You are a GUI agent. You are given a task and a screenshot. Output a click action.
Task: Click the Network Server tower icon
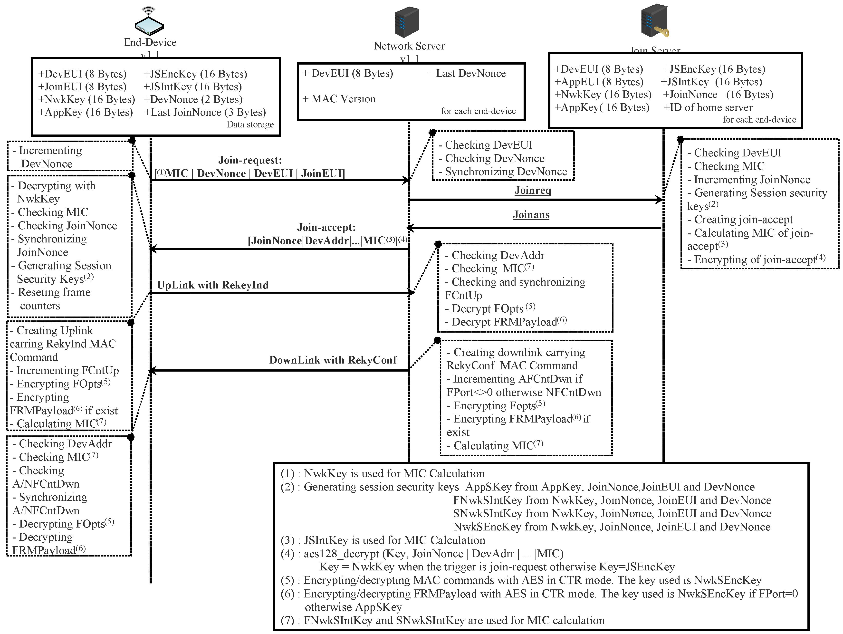[407, 22]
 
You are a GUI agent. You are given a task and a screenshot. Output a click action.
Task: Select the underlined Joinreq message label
[533, 190]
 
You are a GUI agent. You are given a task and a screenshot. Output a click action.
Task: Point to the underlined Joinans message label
[531, 215]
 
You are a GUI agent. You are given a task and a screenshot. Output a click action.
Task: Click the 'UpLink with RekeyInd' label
[213, 285]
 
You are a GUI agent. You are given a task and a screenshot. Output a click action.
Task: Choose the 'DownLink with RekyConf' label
[333, 360]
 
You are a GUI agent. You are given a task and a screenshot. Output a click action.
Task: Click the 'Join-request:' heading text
[250, 160]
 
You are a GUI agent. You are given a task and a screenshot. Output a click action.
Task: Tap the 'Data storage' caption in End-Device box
[250, 125]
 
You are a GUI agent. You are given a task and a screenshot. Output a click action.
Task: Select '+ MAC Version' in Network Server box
[339, 99]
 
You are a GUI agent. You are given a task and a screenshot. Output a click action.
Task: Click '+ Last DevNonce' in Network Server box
[466, 73]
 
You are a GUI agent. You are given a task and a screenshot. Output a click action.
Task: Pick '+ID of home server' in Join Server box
[708, 107]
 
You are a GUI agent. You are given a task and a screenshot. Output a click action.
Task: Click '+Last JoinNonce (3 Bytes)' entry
[205, 112]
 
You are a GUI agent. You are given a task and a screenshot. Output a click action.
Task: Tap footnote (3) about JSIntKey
[383, 540]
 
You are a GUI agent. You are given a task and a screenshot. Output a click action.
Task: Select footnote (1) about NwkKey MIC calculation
[383, 473]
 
